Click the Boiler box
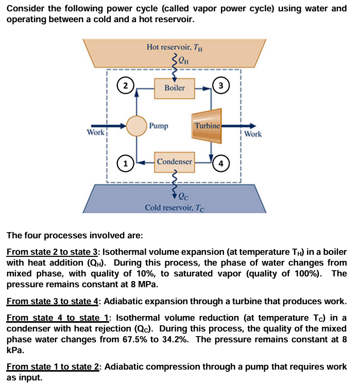pos(175,87)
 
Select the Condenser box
pos(175,162)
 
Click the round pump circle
pos(138,126)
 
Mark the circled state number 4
pos(221,164)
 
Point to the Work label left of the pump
pos(96,133)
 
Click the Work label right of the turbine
pos(253,134)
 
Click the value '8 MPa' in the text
pos(142,285)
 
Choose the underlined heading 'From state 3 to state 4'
pos(54,301)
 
